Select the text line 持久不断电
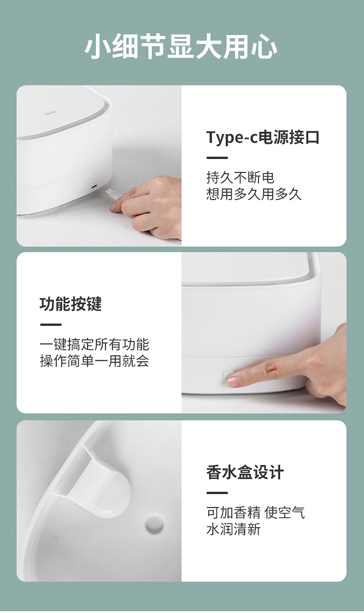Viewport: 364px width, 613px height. click(240, 177)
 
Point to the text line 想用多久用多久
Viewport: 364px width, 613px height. click(254, 195)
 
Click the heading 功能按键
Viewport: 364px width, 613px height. click(70, 304)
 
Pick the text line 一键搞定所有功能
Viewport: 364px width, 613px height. click(94, 344)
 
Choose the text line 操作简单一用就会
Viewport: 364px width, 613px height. click(94, 361)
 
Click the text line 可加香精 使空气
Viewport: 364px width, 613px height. click(255, 513)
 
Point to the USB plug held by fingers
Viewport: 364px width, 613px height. click(113, 195)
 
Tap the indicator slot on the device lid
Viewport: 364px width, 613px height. click(51, 112)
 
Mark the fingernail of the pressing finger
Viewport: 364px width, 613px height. click(233, 382)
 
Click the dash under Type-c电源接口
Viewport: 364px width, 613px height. click(217, 158)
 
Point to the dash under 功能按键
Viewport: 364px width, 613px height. click(51, 325)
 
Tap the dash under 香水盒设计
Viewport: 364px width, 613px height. click(217, 493)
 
